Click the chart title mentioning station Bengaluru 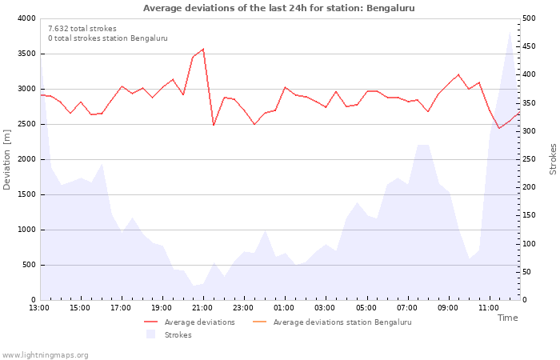279,8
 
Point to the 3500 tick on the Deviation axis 27,54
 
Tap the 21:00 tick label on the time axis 202,308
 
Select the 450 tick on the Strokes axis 530,46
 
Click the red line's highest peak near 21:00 203,49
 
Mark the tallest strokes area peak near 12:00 510,32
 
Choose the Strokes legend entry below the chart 169,334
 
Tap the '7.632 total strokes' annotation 82,29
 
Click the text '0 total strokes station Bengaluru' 108,38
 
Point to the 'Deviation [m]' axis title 6,159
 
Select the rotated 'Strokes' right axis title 553,159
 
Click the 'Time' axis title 507,318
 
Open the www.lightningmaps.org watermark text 45,355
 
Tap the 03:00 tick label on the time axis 325,308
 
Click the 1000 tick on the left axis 27,230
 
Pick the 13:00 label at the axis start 39,308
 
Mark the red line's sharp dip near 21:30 214,125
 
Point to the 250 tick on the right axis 530,159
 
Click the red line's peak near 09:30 458,74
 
